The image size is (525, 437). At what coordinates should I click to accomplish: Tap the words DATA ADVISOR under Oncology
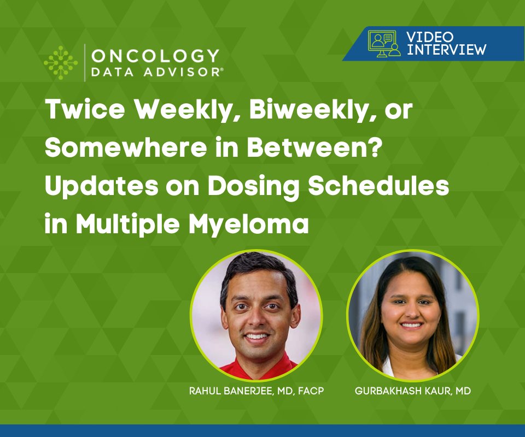155,73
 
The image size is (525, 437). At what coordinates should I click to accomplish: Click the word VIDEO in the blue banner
430,37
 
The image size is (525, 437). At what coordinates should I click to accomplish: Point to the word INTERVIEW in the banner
446,49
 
